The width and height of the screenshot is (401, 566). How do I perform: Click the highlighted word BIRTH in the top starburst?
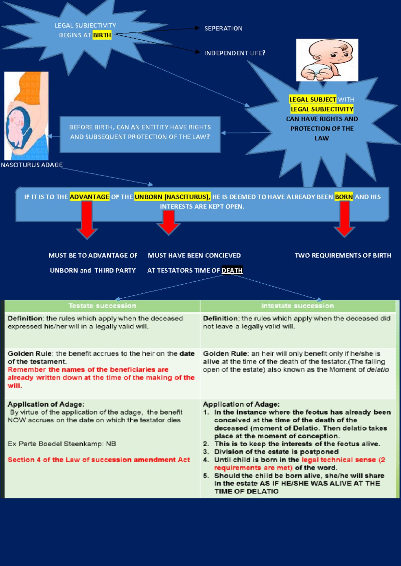102,35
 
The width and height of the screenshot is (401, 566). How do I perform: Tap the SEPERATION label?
223,28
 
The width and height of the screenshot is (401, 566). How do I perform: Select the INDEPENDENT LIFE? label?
235,53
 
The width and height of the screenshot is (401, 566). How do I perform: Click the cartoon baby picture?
327,60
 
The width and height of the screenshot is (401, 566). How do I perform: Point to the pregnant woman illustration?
26,116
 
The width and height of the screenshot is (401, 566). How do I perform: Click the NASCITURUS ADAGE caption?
32,165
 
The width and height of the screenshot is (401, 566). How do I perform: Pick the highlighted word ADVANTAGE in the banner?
89,197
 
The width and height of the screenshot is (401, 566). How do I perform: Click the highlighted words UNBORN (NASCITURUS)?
172,197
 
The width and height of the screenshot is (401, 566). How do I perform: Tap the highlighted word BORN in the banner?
344,197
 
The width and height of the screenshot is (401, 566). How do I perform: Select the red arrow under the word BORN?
345,220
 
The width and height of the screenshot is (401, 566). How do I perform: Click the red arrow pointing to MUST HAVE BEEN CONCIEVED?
169,222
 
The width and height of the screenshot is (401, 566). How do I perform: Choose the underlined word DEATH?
232,270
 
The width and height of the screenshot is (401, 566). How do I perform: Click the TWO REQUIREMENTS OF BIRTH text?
343,255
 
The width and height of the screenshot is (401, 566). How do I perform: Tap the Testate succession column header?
102,306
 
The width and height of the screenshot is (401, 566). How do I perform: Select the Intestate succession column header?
297,306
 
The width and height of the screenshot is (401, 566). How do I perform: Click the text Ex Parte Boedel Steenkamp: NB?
62,444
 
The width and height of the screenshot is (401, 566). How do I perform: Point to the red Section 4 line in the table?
99,460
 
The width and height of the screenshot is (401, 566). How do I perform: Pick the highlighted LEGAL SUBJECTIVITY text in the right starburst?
322,109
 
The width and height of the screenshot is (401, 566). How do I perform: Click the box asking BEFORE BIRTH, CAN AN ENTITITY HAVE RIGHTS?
140,134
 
